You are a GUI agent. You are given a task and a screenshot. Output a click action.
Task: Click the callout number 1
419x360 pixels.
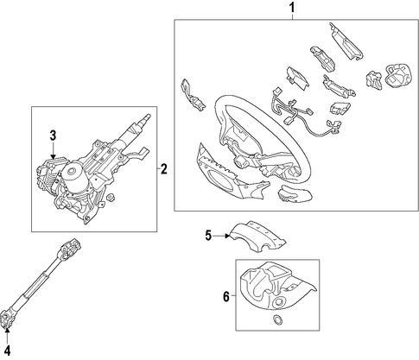292,8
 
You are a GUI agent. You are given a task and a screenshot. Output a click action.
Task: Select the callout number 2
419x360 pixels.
163,169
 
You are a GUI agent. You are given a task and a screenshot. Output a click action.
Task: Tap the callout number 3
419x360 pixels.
53,136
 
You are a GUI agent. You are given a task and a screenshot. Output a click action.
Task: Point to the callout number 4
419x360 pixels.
7,351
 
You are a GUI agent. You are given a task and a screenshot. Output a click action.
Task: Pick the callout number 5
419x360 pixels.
208,236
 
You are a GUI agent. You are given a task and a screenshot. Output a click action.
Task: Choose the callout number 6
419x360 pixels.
226,296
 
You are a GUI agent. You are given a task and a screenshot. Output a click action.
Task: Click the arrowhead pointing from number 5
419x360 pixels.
227,236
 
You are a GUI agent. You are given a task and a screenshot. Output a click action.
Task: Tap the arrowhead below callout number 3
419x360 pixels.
54,156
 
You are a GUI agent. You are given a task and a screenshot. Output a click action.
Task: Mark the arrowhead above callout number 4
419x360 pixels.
7,330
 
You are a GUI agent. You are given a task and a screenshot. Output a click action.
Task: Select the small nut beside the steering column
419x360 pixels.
110,197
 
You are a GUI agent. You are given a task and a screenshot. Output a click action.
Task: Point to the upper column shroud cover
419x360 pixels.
257,237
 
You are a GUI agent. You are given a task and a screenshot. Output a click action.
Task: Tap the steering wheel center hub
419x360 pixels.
239,163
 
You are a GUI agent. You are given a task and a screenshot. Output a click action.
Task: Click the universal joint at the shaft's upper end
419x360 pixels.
69,248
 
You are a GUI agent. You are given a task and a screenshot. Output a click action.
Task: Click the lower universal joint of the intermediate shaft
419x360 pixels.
7,318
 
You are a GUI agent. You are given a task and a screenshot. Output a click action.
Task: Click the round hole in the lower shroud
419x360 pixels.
278,302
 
